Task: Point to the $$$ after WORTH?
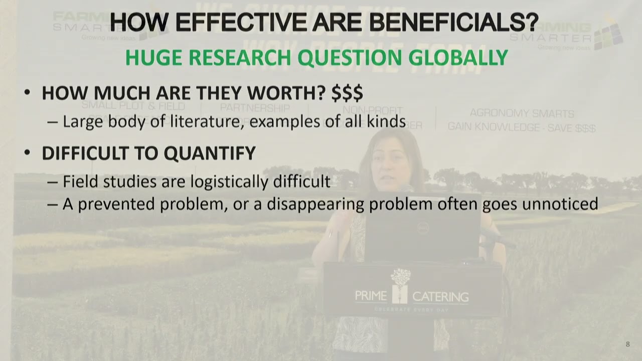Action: (x=347, y=93)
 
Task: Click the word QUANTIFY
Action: (x=210, y=153)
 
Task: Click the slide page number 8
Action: (x=627, y=344)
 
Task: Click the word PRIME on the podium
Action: (x=371, y=296)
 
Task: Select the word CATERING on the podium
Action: (x=440, y=297)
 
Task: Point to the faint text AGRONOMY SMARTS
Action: (x=522, y=114)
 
